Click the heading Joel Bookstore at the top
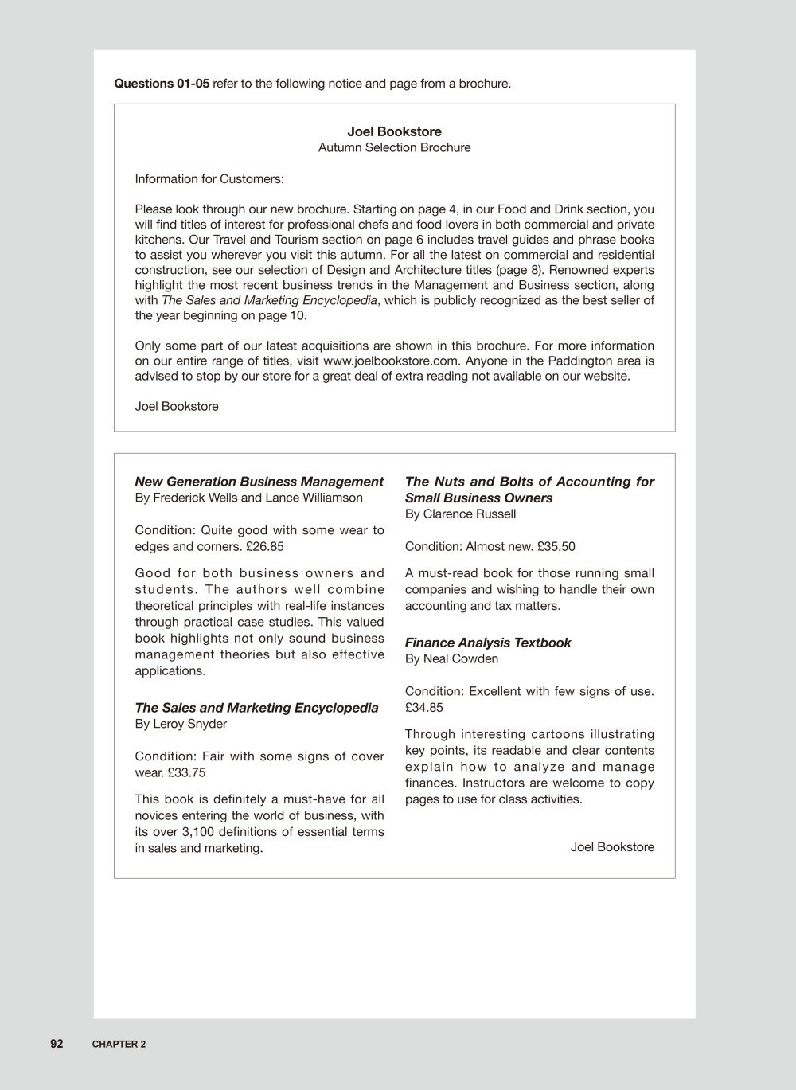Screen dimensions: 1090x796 point(394,131)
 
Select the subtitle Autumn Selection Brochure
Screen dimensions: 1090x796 point(394,147)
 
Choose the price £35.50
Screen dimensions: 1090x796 point(556,546)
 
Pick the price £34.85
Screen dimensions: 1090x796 point(424,707)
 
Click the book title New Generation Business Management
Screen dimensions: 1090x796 point(259,482)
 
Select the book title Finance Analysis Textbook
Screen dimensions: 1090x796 point(488,643)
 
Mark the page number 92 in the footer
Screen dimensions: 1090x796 point(57,1044)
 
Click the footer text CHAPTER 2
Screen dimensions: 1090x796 point(119,1045)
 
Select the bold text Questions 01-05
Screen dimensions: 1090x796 point(162,84)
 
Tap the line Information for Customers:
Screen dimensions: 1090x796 point(209,178)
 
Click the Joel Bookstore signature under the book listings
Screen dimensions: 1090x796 point(612,847)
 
